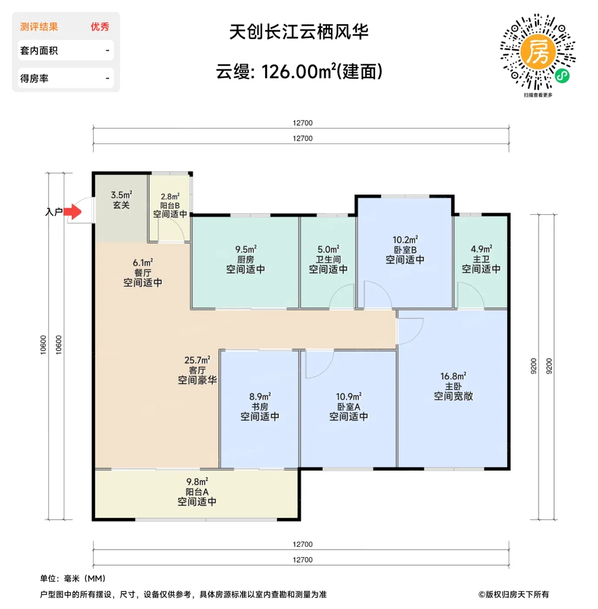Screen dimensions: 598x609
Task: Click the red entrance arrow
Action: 73,211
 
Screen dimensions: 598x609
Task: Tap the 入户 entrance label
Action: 54,212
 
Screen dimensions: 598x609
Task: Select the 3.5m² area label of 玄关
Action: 121,195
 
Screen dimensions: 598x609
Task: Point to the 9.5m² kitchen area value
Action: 246,249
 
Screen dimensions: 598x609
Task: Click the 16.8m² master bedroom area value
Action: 453,376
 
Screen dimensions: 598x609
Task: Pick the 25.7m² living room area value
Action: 197,360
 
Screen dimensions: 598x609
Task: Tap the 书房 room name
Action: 260,406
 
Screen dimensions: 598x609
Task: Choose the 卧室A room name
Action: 349,406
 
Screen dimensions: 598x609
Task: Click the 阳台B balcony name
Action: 170,205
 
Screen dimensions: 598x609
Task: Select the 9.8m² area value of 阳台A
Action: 197,481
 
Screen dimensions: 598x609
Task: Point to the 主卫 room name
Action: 481,259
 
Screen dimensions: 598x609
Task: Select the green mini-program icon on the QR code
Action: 562,76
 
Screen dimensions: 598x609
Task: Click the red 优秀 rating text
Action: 100,27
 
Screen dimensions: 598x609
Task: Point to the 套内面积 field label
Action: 39,50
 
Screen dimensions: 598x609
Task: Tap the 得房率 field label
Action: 34,78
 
